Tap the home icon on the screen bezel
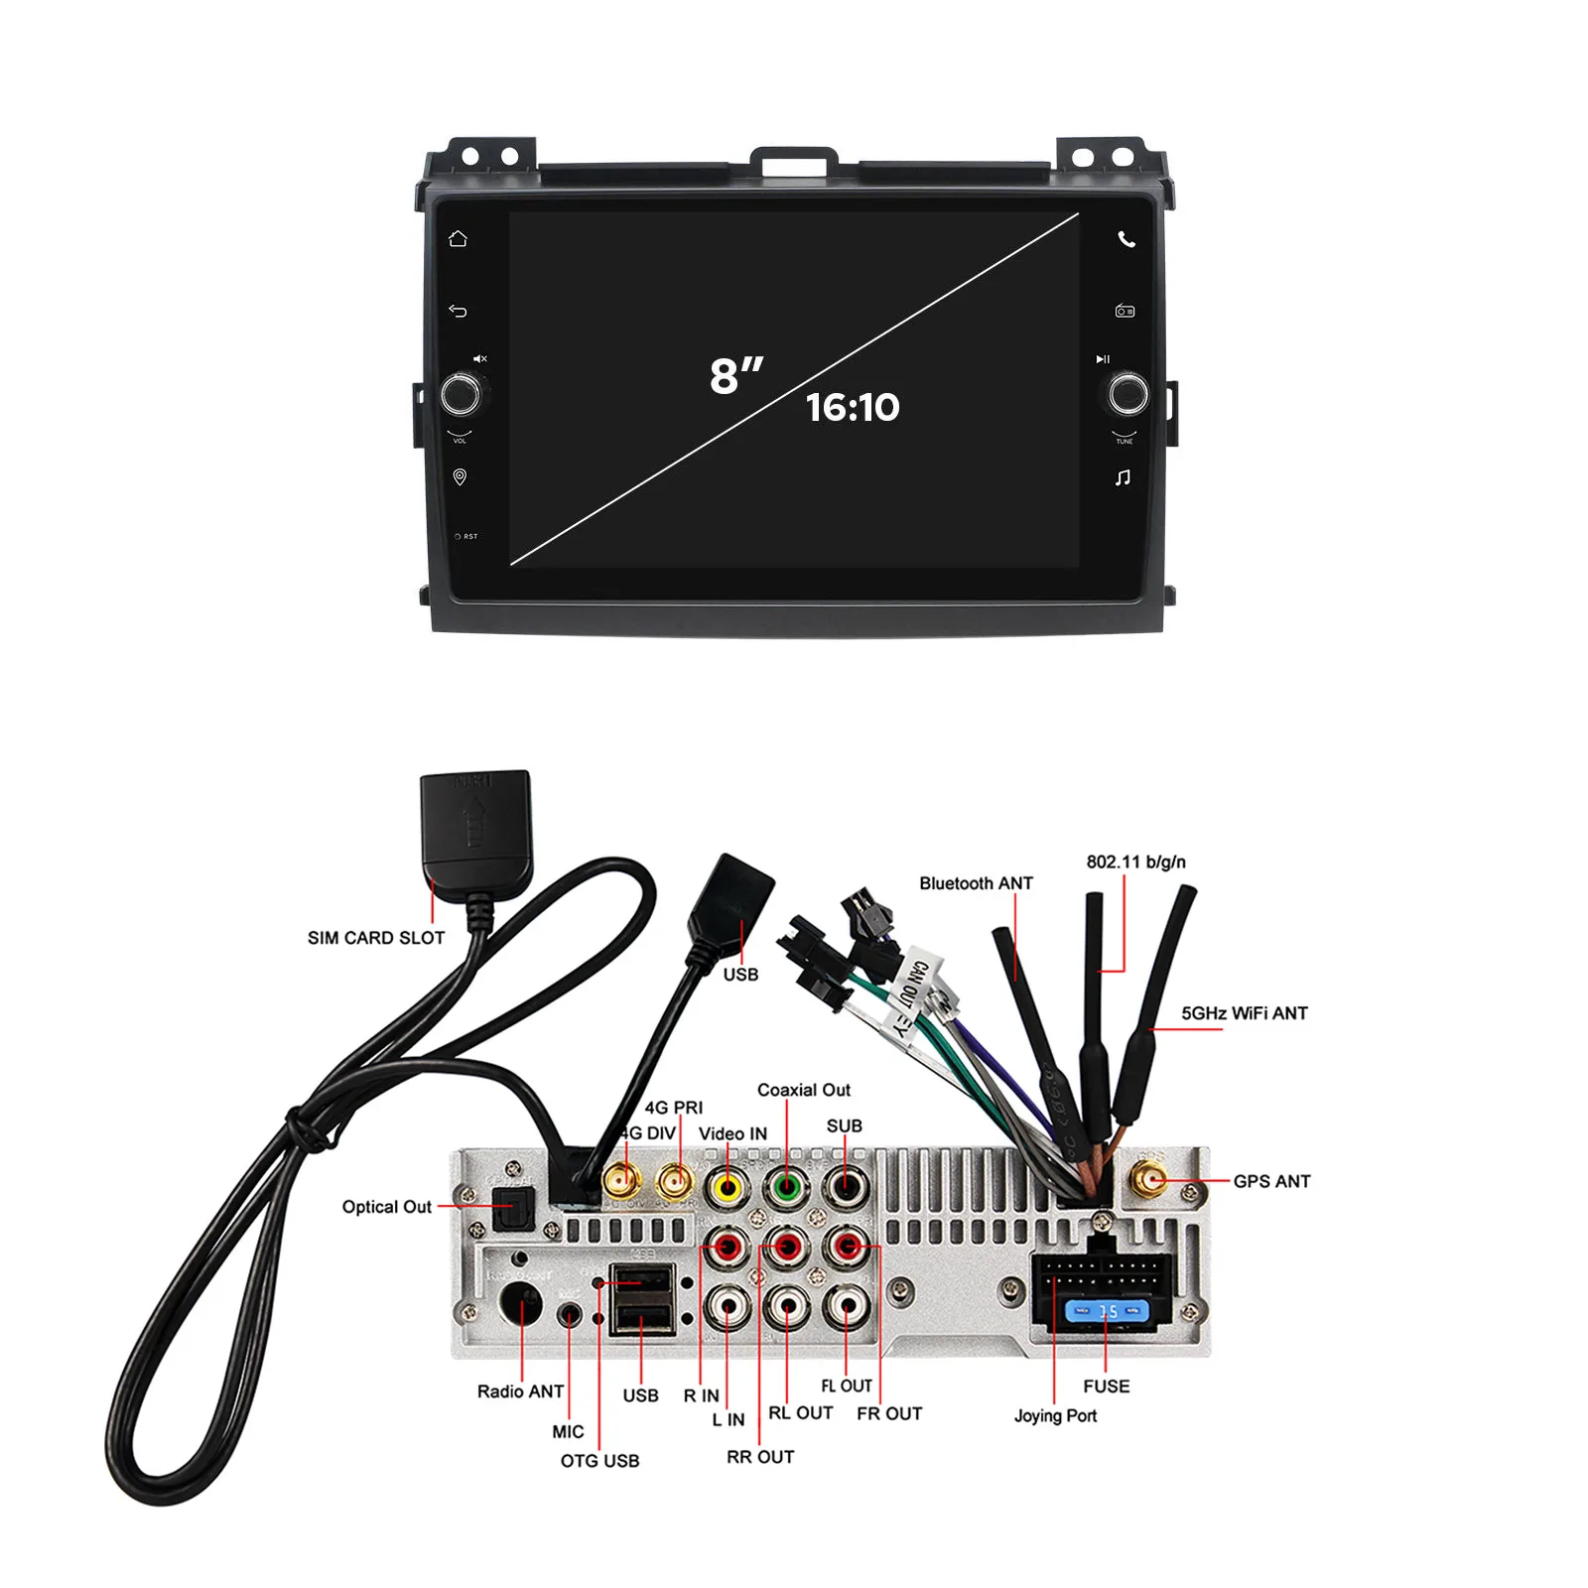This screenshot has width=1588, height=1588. click(x=458, y=238)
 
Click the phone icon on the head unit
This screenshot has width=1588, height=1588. click(x=1126, y=239)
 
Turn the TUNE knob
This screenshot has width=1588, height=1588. click(x=1128, y=394)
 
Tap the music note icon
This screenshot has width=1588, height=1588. click(x=1123, y=478)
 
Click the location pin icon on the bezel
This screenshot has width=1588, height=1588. click(x=460, y=477)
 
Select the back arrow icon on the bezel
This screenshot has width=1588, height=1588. click(x=458, y=311)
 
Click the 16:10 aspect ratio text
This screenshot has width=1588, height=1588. click(x=853, y=407)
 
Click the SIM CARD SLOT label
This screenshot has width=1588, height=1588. click(x=376, y=938)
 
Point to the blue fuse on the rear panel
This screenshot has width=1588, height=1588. click(x=1107, y=1312)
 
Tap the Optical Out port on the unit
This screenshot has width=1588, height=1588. click(x=513, y=1209)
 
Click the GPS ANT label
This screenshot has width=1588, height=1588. click(x=1271, y=1181)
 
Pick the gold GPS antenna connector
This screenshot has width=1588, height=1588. click(x=1151, y=1180)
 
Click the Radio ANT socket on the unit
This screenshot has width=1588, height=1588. click(x=520, y=1303)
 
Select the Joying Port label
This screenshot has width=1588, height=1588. click(x=1055, y=1415)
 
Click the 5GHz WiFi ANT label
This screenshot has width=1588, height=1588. click(x=1244, y=1013)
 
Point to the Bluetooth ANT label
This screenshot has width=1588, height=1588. click(x=976, y=883)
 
